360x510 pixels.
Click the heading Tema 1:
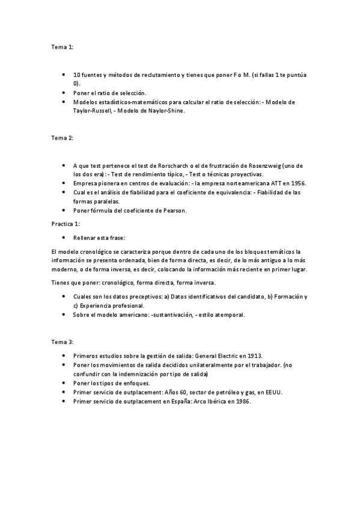(63, 46)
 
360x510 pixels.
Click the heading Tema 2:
(63, 138)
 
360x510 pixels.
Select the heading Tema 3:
(63, 342)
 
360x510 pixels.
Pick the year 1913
(252, 356)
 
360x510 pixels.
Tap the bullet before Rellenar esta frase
(64, 238)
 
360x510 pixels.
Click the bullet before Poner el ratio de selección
(64, 93)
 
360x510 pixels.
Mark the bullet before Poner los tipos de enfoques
(64, 383)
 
